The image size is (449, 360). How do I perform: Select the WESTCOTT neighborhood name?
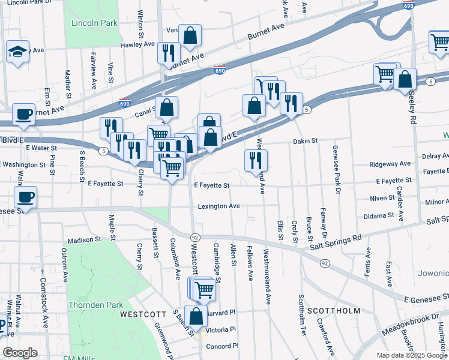click(142, 314)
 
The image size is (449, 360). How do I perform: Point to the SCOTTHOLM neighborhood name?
click(334, 311)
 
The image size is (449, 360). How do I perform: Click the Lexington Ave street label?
click(219, 206)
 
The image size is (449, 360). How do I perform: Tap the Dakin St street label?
click(305, 141)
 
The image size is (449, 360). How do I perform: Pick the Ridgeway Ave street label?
click(390, 163)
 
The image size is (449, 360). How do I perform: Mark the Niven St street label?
click(382, 197)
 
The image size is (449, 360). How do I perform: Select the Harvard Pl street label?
click(221, 313)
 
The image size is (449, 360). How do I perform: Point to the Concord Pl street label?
click(223, 346)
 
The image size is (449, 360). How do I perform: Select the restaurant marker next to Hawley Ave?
click(169, 52)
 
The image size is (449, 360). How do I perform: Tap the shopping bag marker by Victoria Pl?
click(196, 316)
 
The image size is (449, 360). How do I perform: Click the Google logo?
click(20, 353)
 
